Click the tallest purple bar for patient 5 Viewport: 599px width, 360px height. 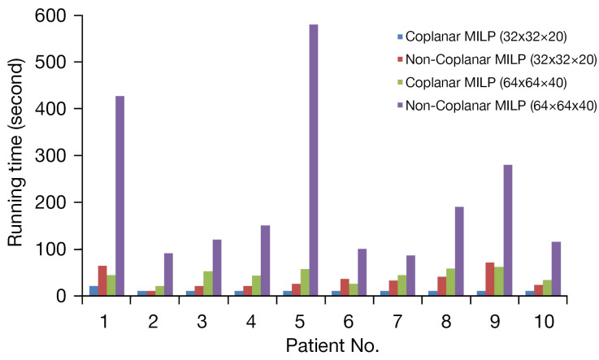coord(313,160)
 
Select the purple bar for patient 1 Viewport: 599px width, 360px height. coord(120,196)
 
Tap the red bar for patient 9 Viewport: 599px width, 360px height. coord(490,279)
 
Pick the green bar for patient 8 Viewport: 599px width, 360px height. coord(451,282)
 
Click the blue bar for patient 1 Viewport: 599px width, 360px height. coord(93,291)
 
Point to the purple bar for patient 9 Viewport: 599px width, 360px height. coord(508,230)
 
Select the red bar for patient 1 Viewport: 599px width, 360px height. coord(102,280)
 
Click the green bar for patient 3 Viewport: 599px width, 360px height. coord(208,284)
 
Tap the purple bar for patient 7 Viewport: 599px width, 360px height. coord(410,275)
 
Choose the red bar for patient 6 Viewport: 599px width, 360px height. coord(345,287)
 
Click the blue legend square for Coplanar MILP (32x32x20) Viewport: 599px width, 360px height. coord(400,37)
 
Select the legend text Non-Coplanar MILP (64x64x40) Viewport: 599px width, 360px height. coord(501,106)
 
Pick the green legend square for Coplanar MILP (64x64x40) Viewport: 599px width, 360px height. coord(400,83)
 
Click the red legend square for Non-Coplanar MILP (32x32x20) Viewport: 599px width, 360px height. coord(400,60)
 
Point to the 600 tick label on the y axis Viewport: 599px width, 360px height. coord(55,15)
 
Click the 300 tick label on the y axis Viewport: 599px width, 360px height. coord(55,156)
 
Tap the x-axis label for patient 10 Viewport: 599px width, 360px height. coord(543,322)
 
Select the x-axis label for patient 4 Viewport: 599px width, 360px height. coord(251,322)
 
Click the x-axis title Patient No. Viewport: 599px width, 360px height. coord(332,346)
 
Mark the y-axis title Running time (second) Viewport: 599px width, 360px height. coord(16,153)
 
